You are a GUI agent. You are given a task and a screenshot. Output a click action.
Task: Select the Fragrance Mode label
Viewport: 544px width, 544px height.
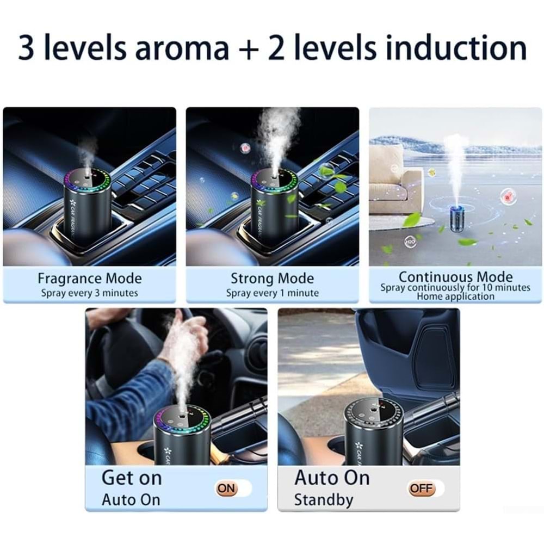[89, 279]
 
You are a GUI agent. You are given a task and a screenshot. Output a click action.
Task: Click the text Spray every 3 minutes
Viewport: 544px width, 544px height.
[89, 293]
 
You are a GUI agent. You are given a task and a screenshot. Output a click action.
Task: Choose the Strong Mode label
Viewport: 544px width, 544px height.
[272, 279]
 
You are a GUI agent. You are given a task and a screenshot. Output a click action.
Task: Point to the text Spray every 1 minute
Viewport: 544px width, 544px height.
[272, 293]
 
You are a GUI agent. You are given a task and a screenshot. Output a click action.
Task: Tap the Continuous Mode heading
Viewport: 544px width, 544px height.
[455, 277]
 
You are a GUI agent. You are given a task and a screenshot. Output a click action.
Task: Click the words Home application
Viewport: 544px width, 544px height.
[455, 296]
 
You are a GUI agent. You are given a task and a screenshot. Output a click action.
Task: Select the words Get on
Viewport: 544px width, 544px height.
[132, 478]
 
